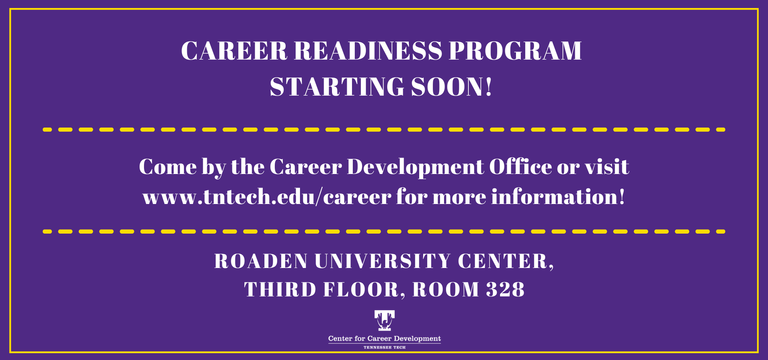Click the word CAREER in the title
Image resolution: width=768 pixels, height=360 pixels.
click(234, 51)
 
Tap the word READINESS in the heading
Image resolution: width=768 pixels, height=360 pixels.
click(368, 51)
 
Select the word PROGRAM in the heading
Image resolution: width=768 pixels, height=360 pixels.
click(515, 51)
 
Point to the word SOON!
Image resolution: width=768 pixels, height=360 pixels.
click(452, 87)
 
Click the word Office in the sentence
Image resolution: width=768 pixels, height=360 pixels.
click(520, 166)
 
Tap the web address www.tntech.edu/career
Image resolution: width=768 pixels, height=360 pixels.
click(267, 197)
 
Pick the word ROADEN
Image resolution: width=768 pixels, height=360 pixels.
click(261, 261)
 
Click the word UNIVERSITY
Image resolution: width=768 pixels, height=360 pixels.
click(383, 261)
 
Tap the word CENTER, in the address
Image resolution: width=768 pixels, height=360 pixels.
click(506, 262)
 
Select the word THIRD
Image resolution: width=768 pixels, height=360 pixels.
click(280, 290)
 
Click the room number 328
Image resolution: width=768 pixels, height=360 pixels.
click(505, 290)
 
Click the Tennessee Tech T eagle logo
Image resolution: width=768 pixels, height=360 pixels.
click(384, 320)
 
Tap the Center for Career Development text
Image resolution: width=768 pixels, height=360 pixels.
click(384, 339)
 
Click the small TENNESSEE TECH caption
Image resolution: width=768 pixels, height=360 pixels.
click(384, 348)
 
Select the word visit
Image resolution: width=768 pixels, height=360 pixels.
click(607, 166)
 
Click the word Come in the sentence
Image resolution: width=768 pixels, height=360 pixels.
click(168, 167)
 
